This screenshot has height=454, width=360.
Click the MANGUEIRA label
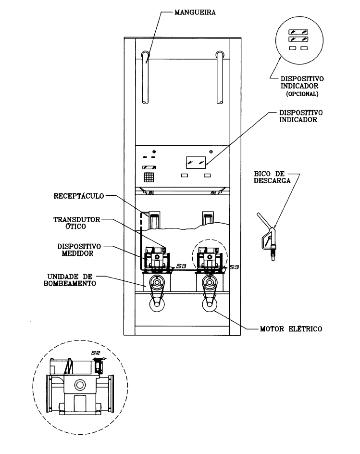[195, 13]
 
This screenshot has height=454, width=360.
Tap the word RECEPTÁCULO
[79, 196]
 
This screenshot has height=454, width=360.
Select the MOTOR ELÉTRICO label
[291, 329]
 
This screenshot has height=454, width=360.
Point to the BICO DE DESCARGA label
[272, 177]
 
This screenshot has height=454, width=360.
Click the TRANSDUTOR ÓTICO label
[77, 223]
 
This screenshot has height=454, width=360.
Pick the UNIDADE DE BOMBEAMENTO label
[70, 280]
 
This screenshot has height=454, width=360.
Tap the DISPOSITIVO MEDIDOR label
[79, 250]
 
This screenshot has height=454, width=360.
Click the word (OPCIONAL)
[302, 94]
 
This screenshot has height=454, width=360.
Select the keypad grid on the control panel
[149, 177]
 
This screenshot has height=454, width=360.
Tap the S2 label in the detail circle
[96, 353]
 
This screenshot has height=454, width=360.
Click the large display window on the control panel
[196, 163]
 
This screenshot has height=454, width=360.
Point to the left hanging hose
[145, 77]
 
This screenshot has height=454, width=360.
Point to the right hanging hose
[220, 77]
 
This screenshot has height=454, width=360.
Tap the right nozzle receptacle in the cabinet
[208, 218]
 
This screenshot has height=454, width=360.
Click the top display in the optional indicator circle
[298, 32]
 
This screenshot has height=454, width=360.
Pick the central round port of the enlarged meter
[80, 385]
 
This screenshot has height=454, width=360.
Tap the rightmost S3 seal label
[234, 267]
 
